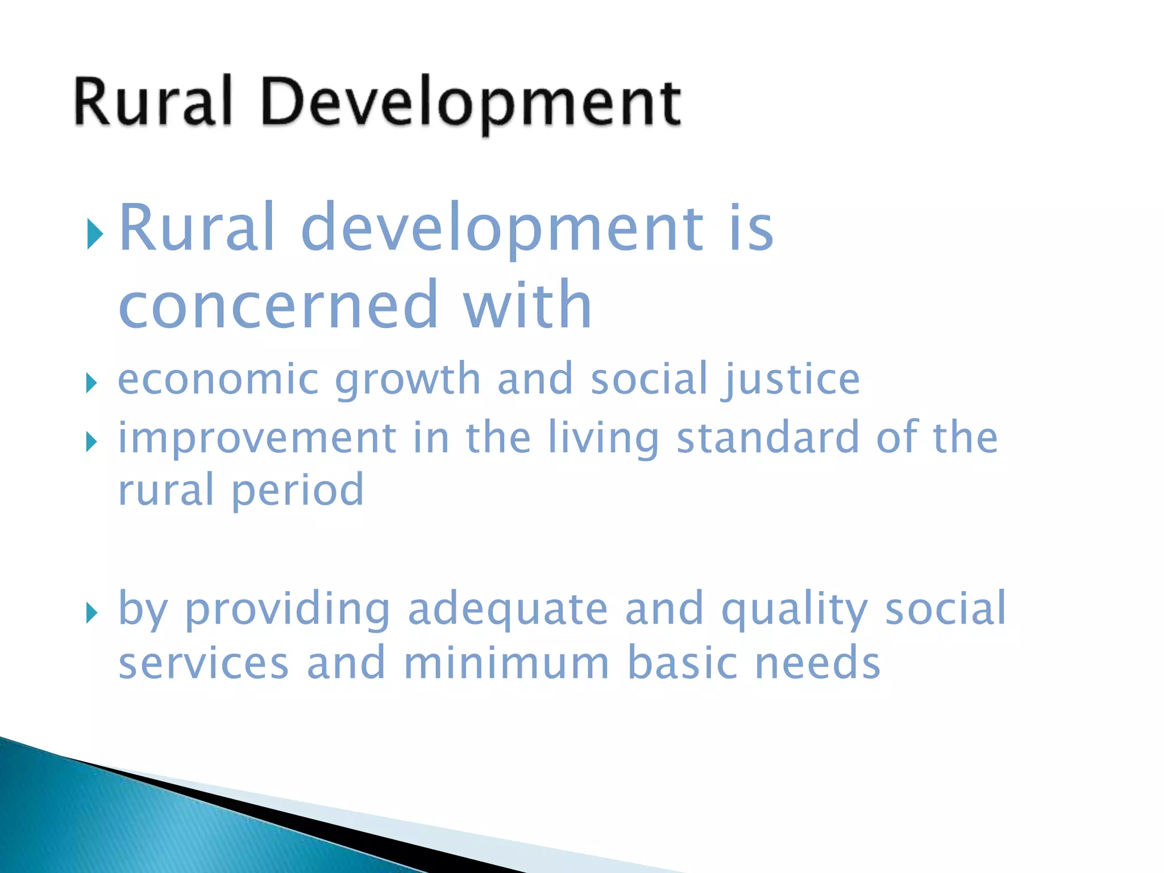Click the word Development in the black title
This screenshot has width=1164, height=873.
(x=471, y=102)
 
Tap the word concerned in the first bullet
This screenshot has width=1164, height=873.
(x=278, y=307)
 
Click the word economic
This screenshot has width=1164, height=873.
(x=218, y=380)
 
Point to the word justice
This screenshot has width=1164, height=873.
(x=791, y=380)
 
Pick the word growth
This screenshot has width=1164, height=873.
(x=408, y=380)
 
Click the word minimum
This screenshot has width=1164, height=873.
(x=506, y=664)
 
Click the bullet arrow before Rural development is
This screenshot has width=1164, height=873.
(x=94, y=234)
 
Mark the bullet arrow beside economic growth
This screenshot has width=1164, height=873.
(x=91, y=384)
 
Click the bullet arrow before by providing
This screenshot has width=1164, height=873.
(x=91, y=613)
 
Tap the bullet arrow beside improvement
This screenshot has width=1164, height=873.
(x=91, y=442)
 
